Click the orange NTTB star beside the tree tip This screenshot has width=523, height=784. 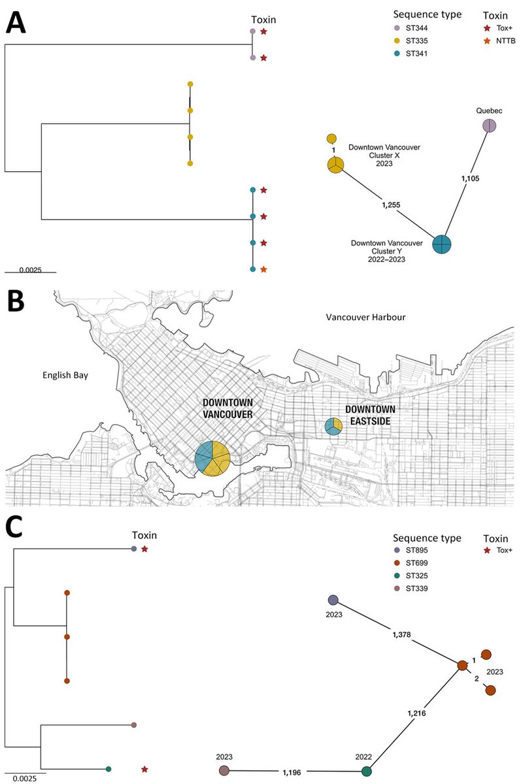coord(263,269)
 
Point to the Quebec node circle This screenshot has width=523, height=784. coord(490,125)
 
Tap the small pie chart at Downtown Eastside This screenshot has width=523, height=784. coord(334,427)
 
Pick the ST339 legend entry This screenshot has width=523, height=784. coord(417,596)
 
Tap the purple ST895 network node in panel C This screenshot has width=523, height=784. coord(333,600)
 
